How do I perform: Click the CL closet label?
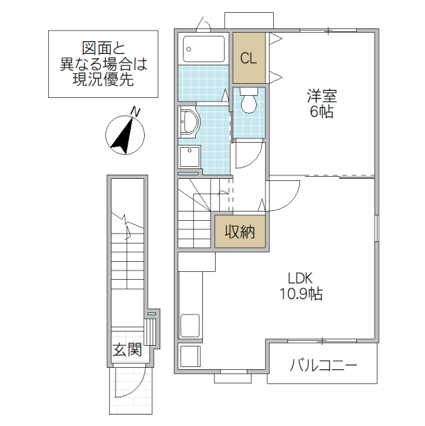click(x=248, y=59)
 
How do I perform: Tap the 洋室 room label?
click(x=320, y=94)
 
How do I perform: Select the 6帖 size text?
click(x=320, y=111)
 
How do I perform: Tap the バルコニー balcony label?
click(x=323, y=366)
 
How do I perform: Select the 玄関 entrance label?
click(x=127, y=349)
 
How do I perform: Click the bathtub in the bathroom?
click(x=204, y=50)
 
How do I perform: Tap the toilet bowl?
click(x=248, y=102)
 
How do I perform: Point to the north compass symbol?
click(x=125, y=135)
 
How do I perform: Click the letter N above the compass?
click(x=135, y=111)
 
